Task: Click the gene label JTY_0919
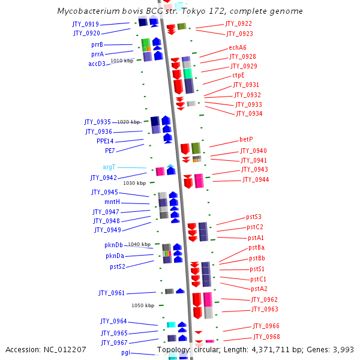[x=86, y=24]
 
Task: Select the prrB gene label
[x=97, y=44]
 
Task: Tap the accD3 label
[x=97, y=64]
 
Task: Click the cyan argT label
[x=109, y=167]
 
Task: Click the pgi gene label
[x=125, y=352]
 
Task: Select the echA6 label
[x=237, y=47]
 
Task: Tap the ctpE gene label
[x=238, y=76]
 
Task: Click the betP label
[x=246, y=139]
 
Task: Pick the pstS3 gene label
[x=254, y=217]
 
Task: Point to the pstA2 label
[x=259, y=289]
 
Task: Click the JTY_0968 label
[x=266, y=337]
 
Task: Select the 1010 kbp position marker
[x=122, y=61]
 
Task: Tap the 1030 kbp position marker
[x=134, y=183]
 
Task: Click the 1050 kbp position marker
[x=143, y=305]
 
